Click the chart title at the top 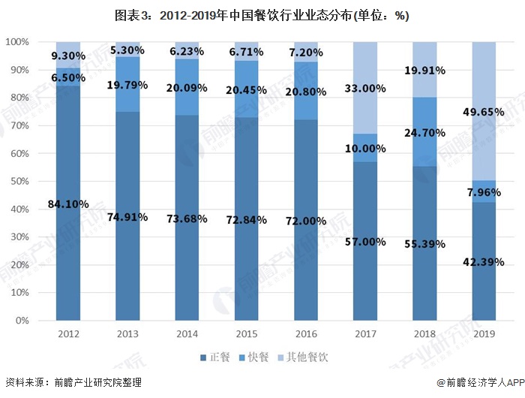(x=262, y=16)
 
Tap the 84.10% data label (x=68, y=204)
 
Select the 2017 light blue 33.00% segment (x=365, y=88)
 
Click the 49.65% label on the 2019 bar (x=484, y=112)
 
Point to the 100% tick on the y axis (x=17, y=42)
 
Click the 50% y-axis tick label (x=19, y=182)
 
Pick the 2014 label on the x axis (x=187, y=334)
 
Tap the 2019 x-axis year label (x=484, y=334)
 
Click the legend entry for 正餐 (x=215, y=357)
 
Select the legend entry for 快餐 (x=253, y=357)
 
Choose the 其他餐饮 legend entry (x=303, y=357)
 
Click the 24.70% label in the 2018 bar (x=424, y=133)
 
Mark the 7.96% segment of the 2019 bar (x=484, y=191)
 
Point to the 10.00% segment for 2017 (x=365, y=148)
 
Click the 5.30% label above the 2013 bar (x=127, y=50)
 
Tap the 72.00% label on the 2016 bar (x=306, y=221)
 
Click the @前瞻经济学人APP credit (x=481, y=382)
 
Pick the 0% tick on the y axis (x=22, y=321)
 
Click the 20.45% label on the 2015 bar (x=247, y=90)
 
